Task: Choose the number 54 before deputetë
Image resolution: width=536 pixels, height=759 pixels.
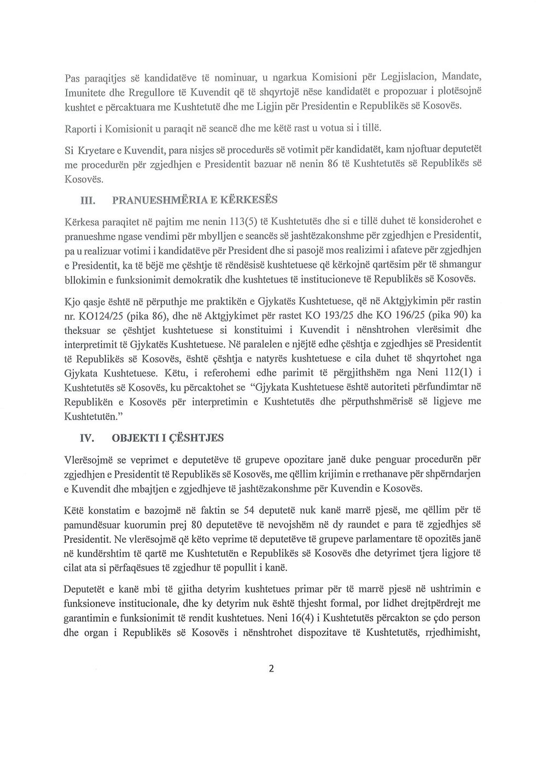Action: [249, 510]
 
